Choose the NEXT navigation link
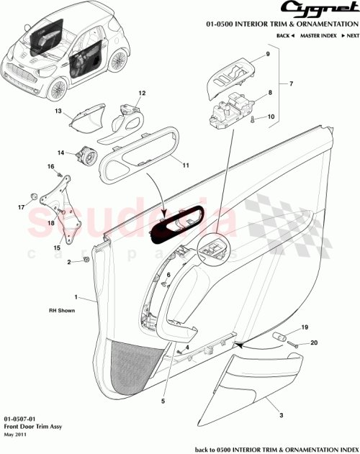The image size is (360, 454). [x=350, y=35]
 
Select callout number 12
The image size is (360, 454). [x=142, y=93]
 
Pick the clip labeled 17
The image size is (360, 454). [x=34, y=196]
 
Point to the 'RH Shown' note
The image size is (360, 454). [x=63, y=312]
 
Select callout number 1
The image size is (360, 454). [x=75, y=296]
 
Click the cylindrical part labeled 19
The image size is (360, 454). [x=280, y=337]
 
